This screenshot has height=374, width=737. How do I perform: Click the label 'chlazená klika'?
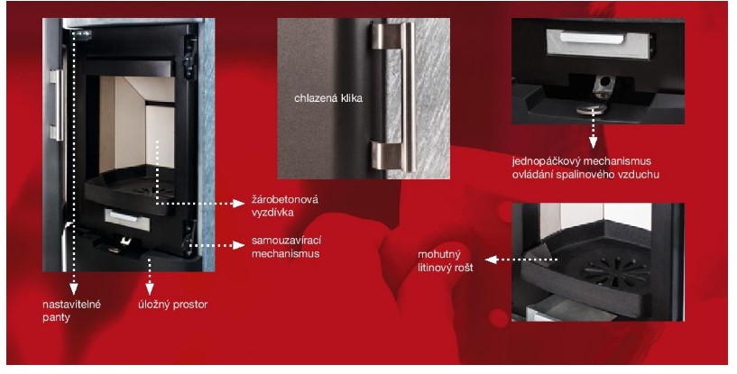328,98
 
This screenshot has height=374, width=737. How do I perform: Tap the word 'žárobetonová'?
285,199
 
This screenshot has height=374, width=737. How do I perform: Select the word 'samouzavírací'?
286,241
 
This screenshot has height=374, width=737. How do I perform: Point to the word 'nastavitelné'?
72,304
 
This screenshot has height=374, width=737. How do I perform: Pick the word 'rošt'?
463,268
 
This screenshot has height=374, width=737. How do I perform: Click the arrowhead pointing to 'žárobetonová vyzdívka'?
239,204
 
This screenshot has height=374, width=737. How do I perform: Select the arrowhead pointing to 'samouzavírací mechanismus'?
239,245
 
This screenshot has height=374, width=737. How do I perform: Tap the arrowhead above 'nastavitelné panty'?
73,289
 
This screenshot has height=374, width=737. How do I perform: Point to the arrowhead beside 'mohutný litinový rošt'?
491,260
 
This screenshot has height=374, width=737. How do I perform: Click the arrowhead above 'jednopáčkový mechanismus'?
594,142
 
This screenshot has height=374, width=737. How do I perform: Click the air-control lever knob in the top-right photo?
592,109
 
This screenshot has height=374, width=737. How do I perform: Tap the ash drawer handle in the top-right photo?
592,38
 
